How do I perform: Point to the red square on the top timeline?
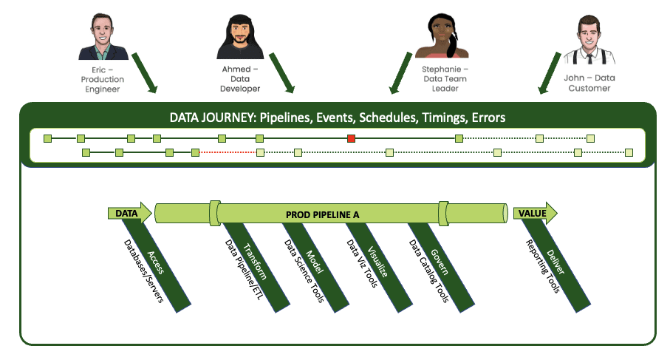pos(352,138)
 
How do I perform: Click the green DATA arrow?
pos(130,214)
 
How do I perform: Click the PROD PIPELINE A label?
pos(322,214)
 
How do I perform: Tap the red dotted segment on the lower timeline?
pos(228,152)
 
